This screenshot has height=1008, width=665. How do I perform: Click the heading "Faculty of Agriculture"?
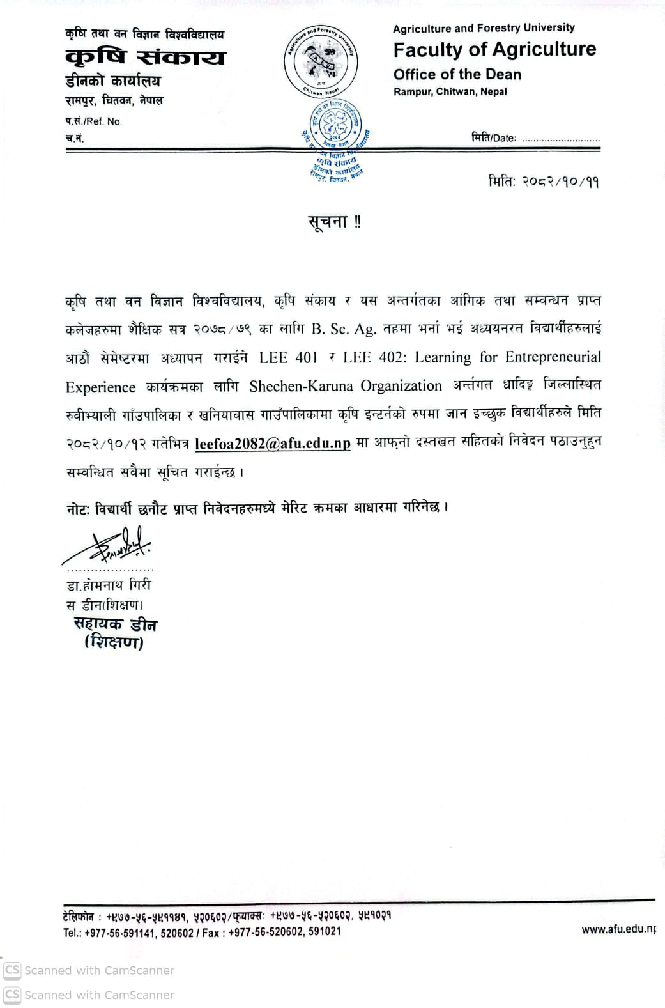click(x=494, y=50)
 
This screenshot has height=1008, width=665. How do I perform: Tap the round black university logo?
click(x=321, y=62)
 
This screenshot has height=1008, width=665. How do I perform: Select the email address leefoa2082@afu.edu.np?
click(x=273, y=444)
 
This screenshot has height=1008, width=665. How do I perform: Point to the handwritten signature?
click(x=109, y=545)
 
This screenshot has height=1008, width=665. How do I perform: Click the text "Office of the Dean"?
click(x=457, y=75)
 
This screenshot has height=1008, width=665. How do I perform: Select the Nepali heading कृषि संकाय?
click(x=145, y=58)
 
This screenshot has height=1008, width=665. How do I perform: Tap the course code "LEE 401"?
click(x=288, y=357)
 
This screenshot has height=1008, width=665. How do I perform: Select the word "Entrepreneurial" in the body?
click(x=553, y=357)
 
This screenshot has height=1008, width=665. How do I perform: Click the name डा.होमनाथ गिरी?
click(x=109, y=585)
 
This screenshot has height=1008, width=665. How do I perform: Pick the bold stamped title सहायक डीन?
click(x=115, y=624)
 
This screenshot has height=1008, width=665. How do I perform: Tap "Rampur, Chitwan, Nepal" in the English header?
click(x=450, y=92)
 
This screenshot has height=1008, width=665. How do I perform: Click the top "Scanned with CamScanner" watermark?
click(x=89, y=970)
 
